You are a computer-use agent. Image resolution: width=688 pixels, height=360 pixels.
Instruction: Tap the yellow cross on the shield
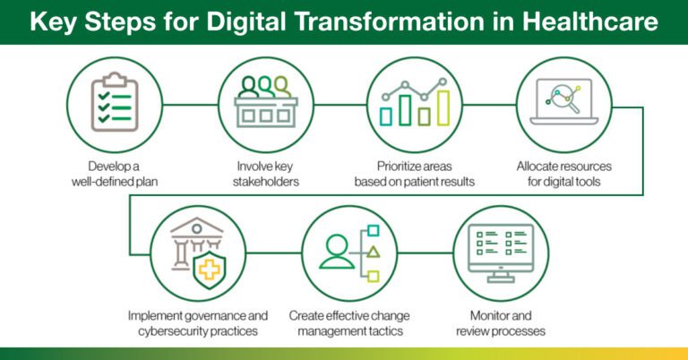210,268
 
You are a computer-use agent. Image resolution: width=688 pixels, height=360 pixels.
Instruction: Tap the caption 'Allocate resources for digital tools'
572,174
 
